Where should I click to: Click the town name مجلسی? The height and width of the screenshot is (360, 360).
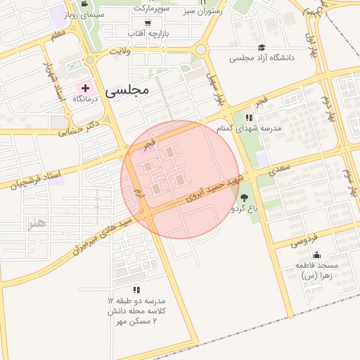[x=127, y=91]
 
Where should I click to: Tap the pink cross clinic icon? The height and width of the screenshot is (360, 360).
[x=86, y=89]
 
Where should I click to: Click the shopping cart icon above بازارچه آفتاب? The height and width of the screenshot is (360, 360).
[x=148, y=23]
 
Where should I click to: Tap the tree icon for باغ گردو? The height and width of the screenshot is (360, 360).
[x=244, y=198]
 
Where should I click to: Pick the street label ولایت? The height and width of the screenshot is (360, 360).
[x=121, y=51]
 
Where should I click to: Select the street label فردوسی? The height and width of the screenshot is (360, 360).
[x=304, y=240]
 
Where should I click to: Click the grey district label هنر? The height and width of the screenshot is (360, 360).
[x=35, y=224]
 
